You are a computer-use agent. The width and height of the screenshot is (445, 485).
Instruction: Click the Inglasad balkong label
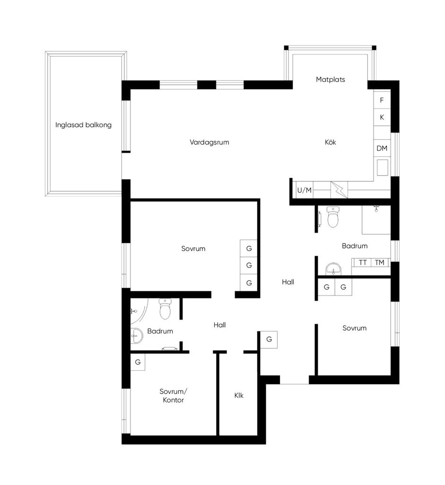[x=83, y=125]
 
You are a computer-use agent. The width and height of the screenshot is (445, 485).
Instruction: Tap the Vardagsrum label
[x=209, y=142]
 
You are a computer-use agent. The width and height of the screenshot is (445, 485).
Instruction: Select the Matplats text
[x=331, y=80]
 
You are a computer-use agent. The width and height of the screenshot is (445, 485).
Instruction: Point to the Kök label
[x=330, y=142]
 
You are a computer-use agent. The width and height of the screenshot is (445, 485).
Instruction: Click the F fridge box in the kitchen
[x=382, y=100]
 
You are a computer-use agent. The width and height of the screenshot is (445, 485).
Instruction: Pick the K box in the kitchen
[x=382, y=117]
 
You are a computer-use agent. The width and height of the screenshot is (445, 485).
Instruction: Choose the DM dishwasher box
[x=382, y=148]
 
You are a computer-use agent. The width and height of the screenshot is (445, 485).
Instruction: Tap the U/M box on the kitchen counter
[x=304, y=190]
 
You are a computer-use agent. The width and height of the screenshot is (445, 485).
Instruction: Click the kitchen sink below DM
[x=382, y=168]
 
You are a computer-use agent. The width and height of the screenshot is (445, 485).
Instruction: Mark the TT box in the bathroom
[x=363, y=262]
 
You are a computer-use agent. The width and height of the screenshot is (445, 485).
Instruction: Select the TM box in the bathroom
[x=380, y=262]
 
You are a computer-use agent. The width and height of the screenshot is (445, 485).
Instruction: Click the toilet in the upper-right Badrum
[x=333, y=217]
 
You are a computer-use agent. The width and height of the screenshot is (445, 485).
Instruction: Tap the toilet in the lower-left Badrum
[x=165, y=309]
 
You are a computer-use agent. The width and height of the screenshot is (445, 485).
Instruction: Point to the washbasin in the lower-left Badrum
[x=137, y=336]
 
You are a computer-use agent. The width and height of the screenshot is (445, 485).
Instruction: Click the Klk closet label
[x=239, y=395]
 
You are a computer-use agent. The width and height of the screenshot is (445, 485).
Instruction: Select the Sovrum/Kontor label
[x=173, y=395]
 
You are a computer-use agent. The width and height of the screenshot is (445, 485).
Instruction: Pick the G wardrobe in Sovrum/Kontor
[x=138, y=362]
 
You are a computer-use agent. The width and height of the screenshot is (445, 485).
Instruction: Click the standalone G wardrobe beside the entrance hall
[x=269, y=339]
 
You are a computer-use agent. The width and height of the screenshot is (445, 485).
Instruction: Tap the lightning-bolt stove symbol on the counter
[x=339, y=190]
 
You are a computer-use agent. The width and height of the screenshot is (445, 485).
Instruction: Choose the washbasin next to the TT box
[x=333, y=269]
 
